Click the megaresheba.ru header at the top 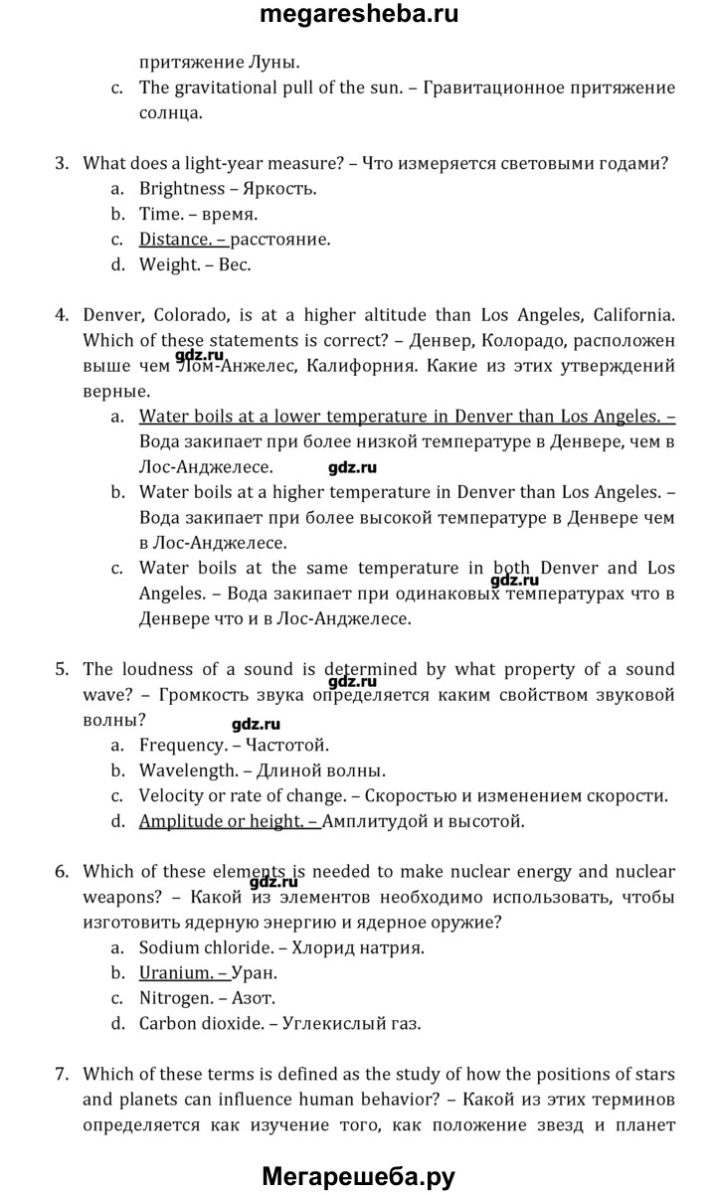click(358, 16)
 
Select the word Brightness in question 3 click(182, 188)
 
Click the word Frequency click(183, 744)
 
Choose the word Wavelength click(188, 769)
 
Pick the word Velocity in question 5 click(171, 795)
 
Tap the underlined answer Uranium click(174, 973)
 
